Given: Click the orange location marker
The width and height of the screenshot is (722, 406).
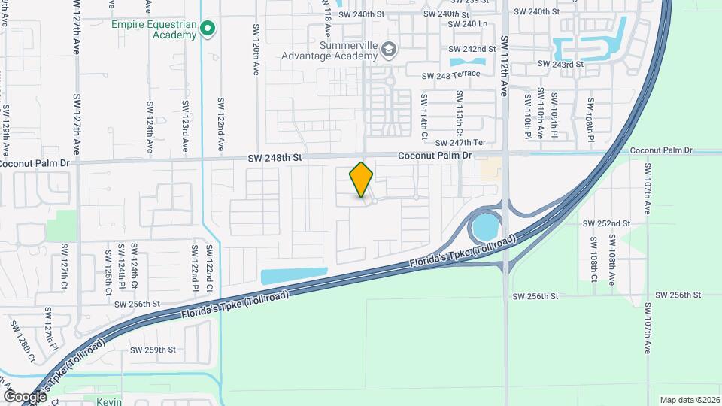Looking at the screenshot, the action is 362,180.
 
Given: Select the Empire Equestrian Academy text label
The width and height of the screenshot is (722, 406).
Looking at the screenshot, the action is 154,29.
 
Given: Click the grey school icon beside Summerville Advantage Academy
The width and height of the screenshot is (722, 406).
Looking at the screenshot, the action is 389,50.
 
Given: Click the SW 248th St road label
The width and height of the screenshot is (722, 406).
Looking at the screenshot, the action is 276,158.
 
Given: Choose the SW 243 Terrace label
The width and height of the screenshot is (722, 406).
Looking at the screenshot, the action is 450,76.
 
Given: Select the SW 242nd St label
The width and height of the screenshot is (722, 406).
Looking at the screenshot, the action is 474,49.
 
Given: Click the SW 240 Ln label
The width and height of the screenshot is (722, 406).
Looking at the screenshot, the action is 467,24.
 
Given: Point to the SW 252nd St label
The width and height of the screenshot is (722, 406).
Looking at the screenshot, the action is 606,223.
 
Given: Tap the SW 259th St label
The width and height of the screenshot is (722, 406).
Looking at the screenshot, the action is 153,350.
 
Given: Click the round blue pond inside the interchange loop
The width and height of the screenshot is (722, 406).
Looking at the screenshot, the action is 485,225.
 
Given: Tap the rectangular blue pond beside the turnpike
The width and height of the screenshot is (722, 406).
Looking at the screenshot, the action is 294,276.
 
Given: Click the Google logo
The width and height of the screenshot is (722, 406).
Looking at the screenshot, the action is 26,396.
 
